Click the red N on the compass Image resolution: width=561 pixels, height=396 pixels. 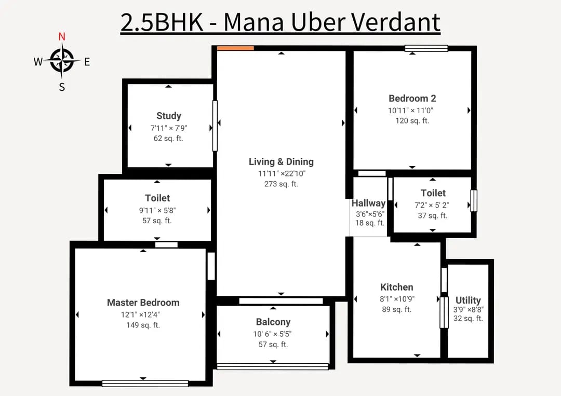(62, 36)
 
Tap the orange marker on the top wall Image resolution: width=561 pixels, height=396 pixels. (235, 48)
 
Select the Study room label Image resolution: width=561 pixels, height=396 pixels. (168, 116)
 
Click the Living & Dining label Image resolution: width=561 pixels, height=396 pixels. (281, 161)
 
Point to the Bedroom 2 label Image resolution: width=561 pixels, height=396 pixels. (412, 98)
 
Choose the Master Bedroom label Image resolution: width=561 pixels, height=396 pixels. (143, 303)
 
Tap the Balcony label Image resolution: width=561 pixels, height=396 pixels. (273, 322)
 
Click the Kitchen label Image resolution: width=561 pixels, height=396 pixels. (396, 287)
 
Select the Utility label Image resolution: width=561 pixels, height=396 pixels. (468, 300)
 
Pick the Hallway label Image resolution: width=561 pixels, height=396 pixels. (368, 203)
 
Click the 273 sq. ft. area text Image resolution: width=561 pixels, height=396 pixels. (281, 184)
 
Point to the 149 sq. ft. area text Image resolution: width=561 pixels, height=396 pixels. (143, 325)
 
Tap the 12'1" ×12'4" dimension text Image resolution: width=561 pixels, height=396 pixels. (140, 315)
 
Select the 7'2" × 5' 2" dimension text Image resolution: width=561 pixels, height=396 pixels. (432, 205)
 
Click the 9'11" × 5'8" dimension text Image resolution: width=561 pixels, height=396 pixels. (157, 210)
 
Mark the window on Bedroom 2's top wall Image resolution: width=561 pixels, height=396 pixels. (426, 48)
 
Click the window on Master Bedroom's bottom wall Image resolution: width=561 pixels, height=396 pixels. (145, 384)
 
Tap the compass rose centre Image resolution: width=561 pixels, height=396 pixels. (62, 61)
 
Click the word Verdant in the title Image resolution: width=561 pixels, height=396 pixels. (395, 22)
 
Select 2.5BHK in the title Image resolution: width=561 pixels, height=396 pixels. (162, 22)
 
